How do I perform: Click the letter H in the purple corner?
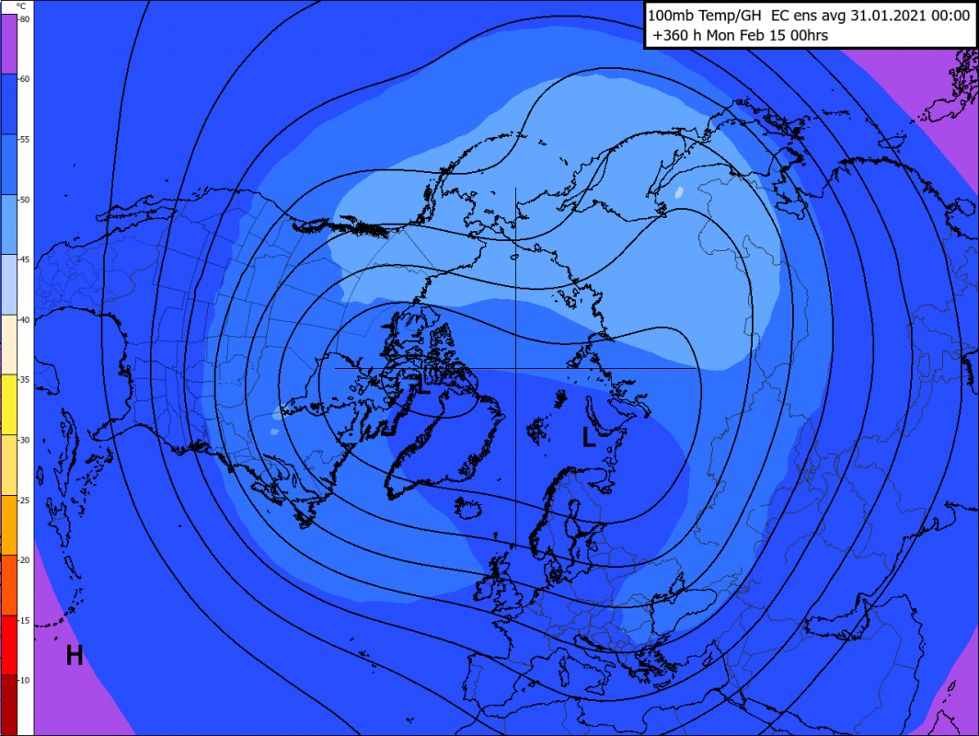point(75,655)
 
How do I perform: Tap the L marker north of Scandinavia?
point(589,437)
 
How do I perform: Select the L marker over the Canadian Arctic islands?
point(422,385)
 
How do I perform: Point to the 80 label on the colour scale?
point(25,19)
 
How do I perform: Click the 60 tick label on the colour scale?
point(25,79)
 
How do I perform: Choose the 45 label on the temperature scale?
point(25,260)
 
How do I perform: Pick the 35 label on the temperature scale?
point(25,380)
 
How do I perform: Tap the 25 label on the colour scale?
point(25,500)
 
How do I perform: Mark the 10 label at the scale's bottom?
point(25,680)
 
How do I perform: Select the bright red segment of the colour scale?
point(17,644)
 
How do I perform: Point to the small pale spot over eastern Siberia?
point(678,193)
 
